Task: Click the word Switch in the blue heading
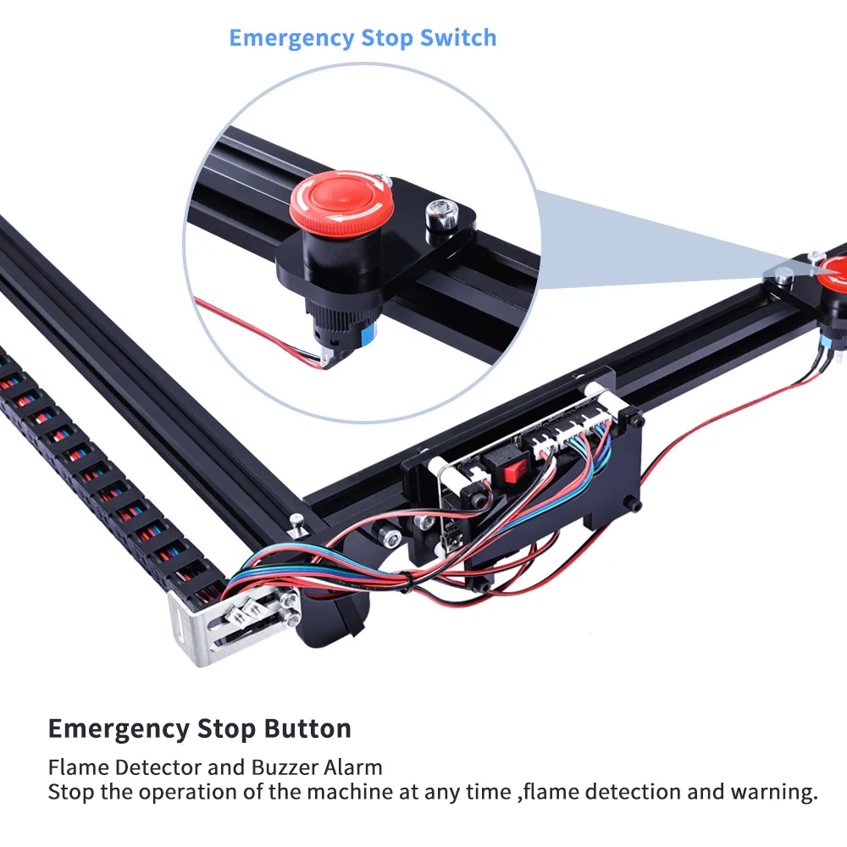pos(458,38)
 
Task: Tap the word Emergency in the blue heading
pos(291,39)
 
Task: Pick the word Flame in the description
pos(78,767)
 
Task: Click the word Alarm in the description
pos(352,767)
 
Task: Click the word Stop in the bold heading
pos(226,729)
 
